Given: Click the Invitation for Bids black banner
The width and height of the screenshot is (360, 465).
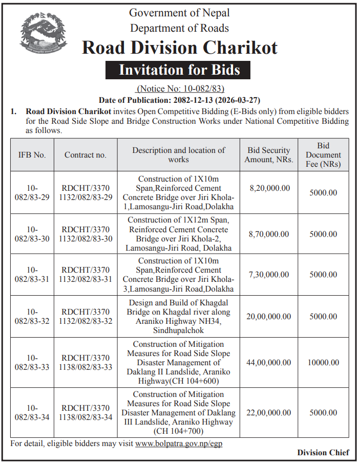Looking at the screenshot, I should [x=179, y=69].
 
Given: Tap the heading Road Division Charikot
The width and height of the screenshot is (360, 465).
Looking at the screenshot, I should [x=179, y=48].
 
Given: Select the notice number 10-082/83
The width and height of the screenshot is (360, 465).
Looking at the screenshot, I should [x=180, y=88].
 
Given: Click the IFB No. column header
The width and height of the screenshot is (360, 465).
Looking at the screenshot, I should [x=32, y=154].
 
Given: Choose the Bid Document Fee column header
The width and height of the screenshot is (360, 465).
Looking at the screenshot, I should [x=323, y=154].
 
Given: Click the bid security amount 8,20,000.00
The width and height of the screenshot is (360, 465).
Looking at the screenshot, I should [x=269, y=188].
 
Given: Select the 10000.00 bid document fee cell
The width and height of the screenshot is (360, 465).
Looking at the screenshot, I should [x=323, y=363].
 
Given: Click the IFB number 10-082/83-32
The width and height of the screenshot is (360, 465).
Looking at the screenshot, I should [x=32, y=317].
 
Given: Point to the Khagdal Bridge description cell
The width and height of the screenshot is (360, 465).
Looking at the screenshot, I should [x=179, y=317].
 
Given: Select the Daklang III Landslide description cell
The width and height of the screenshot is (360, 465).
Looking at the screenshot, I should [x=179, y=413].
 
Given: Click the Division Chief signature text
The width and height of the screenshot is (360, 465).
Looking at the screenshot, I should [x=323, y=452].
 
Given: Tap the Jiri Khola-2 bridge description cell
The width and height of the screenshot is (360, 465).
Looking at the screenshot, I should [x=179, y=234].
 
